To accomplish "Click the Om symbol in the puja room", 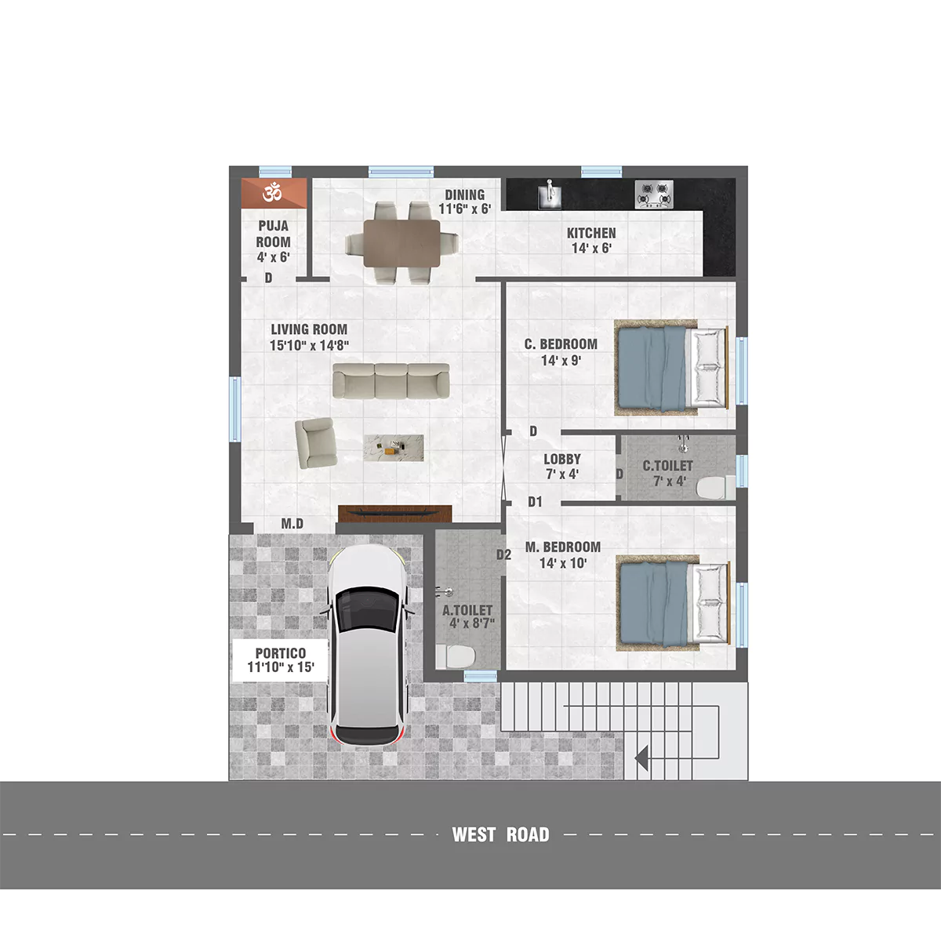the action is [272, 193].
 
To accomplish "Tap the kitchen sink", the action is [550, 194].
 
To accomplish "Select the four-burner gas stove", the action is [654, 194].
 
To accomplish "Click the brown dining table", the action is [402, 242].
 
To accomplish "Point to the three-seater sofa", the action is [391, 380].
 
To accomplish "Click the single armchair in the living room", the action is [317, 442].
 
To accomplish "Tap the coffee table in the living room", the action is [394, 448].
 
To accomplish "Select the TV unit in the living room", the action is [394, 513].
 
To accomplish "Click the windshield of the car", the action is [369, 608].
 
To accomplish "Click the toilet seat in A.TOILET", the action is [456, 656].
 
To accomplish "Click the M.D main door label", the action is [292, 524].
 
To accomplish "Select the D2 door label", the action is [503, 554].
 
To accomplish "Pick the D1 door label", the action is [535, 502].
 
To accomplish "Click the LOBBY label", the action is [562, 459].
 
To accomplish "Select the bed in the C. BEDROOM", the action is [671, 368].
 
